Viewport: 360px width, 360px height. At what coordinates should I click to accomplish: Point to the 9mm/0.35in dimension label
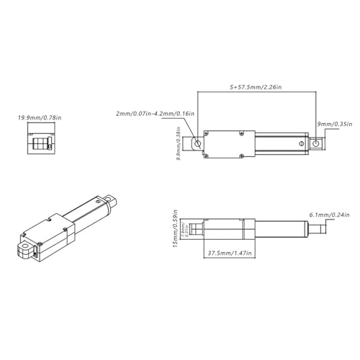point(335,124)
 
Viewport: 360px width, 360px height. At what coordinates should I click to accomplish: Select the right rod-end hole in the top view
point(315,145)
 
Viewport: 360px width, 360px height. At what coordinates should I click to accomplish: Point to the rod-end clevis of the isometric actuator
point(109,197)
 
